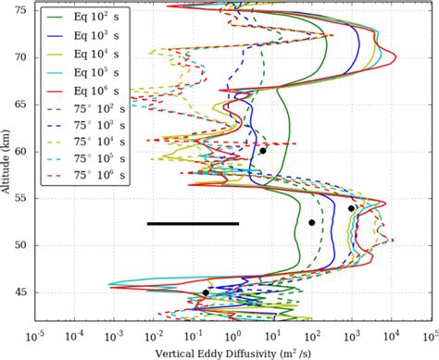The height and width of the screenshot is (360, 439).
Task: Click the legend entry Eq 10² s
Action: [89, 16]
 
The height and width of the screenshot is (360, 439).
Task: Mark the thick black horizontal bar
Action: [193, 223]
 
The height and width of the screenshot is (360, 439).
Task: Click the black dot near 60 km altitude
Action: [263, 151]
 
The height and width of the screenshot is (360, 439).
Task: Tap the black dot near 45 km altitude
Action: [206, 292]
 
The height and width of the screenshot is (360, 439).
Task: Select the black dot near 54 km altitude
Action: [351, 208]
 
